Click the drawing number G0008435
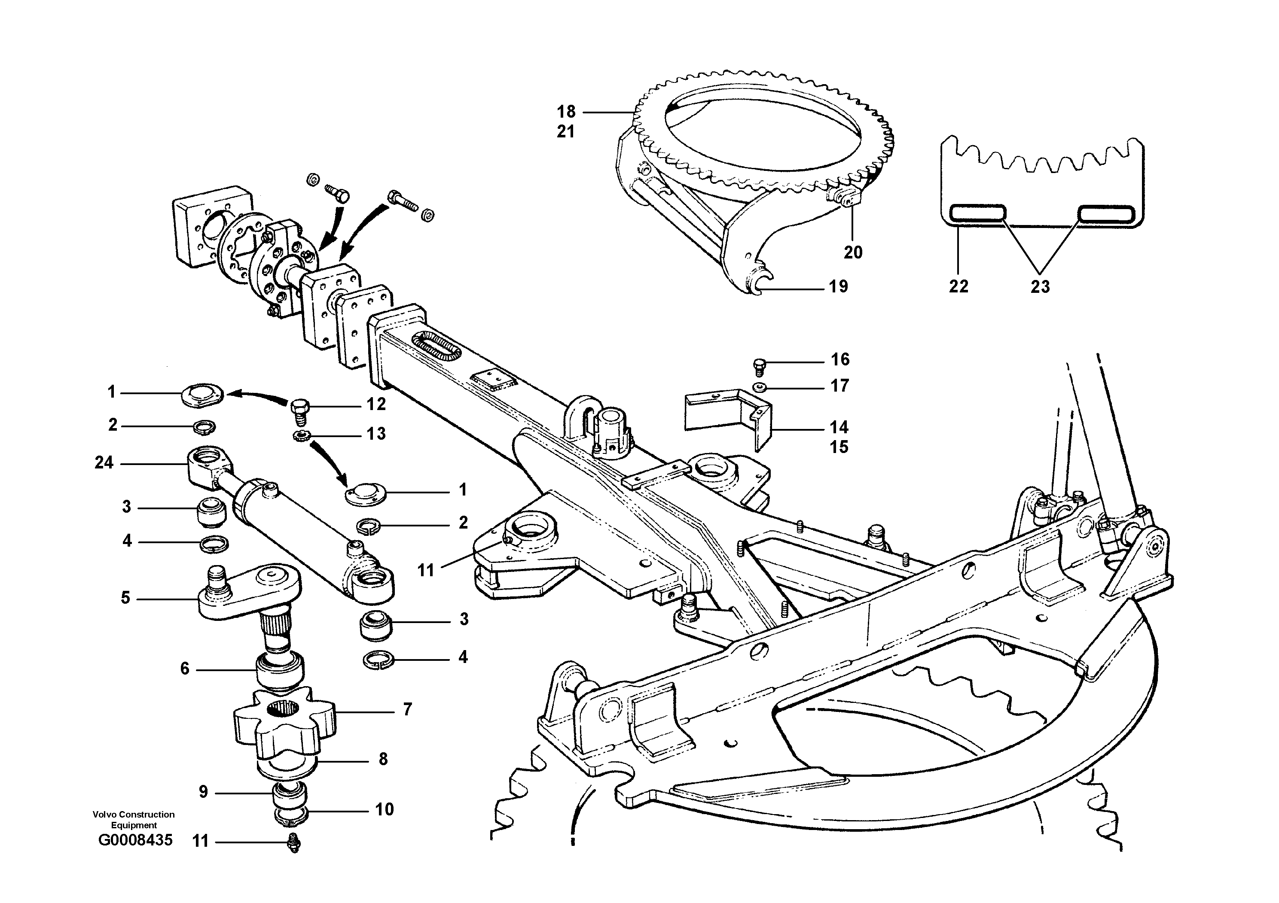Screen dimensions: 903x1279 click(135, 839)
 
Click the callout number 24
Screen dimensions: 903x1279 click(104, 462)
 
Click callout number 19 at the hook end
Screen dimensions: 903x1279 click(838, 287)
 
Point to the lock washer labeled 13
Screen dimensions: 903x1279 click(300, 436)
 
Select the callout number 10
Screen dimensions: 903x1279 click(385, 809)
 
